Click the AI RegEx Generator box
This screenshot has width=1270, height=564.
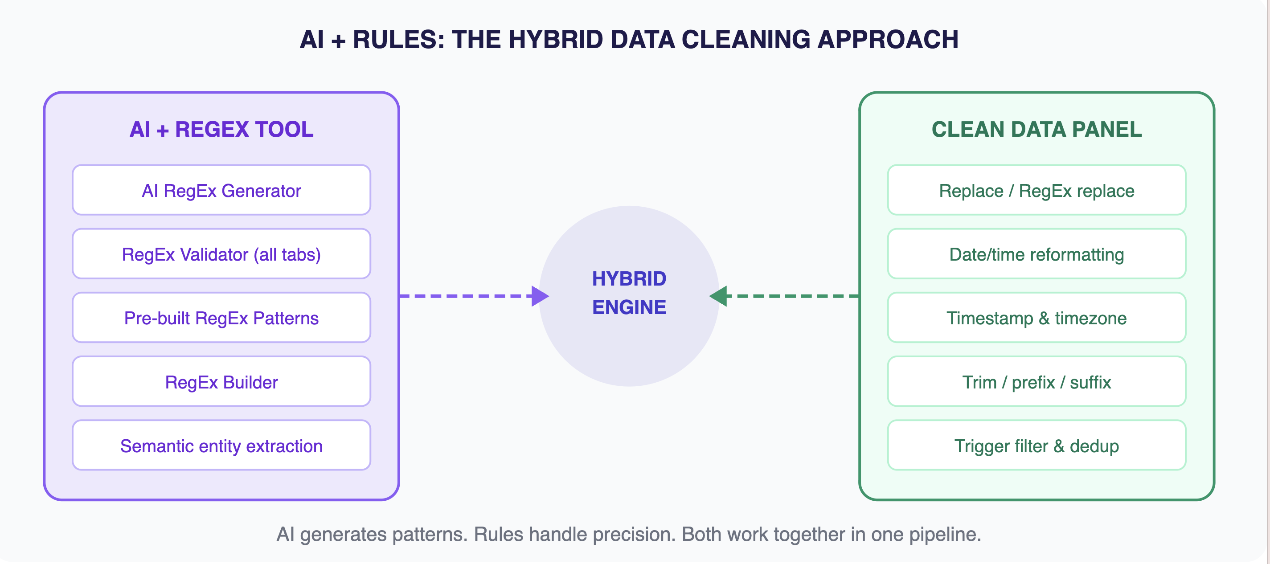point(221,190)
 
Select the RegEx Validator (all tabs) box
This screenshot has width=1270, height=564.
point(221,254)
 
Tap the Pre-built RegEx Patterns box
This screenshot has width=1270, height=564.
point(221,318)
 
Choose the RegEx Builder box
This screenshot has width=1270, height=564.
point(221,382)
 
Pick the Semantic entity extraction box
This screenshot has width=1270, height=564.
point(221,445)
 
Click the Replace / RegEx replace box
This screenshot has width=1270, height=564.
point(1036,190)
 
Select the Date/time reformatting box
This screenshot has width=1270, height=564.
point(1036,254)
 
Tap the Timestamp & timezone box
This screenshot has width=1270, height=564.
point(1036,318)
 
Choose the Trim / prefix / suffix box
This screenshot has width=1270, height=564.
point(1036,382)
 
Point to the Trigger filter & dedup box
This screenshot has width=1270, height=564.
point(1036,445)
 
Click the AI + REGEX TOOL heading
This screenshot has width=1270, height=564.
point(221,129)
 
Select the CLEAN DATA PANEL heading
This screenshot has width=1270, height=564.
point(1036,129)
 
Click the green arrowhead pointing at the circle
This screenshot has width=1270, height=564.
point(719,296)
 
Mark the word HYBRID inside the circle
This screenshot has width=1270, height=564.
point(629,279)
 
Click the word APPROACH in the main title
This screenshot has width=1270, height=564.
point(887,40)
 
